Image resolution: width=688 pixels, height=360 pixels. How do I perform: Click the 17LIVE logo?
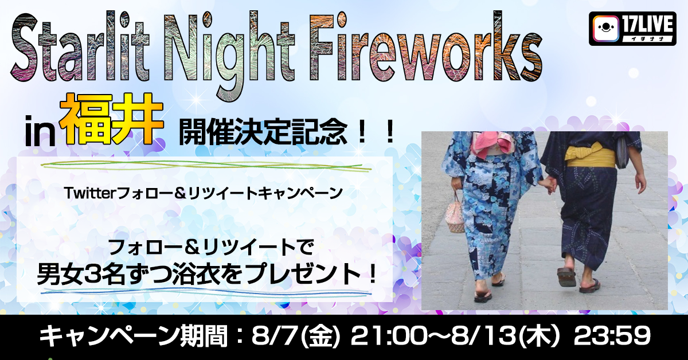632,29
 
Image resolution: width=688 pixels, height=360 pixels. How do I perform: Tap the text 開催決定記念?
263,132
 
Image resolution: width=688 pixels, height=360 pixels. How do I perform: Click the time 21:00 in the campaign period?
387,336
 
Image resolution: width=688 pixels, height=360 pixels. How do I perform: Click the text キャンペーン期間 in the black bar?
132,336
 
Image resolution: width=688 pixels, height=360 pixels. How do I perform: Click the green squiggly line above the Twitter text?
206,166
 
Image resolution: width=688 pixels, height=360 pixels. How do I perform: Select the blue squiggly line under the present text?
206,293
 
